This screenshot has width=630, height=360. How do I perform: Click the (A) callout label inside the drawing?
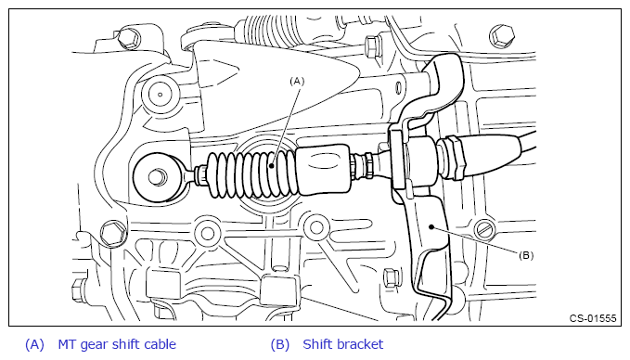click(x=297, y=81)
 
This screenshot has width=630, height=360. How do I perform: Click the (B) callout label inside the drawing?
click(x=526, y=255)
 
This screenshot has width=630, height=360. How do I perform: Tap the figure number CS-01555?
click(x=593, y=318)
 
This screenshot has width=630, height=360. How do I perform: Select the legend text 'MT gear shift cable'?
click(x=117, y=344)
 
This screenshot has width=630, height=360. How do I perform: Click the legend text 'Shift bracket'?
click(x=342, y=344)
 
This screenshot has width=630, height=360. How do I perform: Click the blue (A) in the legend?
click(x=34, y=344)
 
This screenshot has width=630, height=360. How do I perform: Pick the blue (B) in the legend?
click(x=279, y=344)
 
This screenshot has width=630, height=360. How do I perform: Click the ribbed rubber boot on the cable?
click(x=252, y=174)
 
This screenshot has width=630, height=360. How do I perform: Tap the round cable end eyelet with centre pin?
click(x=158, y=176)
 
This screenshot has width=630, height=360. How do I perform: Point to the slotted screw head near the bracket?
click(x=485, y=230)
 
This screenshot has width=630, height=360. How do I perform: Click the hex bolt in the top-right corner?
click(x=501, y=35)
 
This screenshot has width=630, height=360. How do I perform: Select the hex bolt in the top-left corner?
click(x=129, y=38)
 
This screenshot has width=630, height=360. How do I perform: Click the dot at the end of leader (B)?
click(x=431, y=227)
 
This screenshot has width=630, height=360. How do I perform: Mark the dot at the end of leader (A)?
click(x=272, y=165)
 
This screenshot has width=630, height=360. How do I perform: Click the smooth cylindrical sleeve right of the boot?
click(x=323, y=170)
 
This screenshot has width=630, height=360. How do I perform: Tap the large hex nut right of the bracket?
click(x=453, y=158)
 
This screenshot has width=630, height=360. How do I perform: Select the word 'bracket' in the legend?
click(x=360, y=344)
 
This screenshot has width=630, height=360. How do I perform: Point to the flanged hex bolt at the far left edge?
click(x=79, y=292)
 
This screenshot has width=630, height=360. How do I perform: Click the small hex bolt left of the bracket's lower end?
click(x=391, y=277)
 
